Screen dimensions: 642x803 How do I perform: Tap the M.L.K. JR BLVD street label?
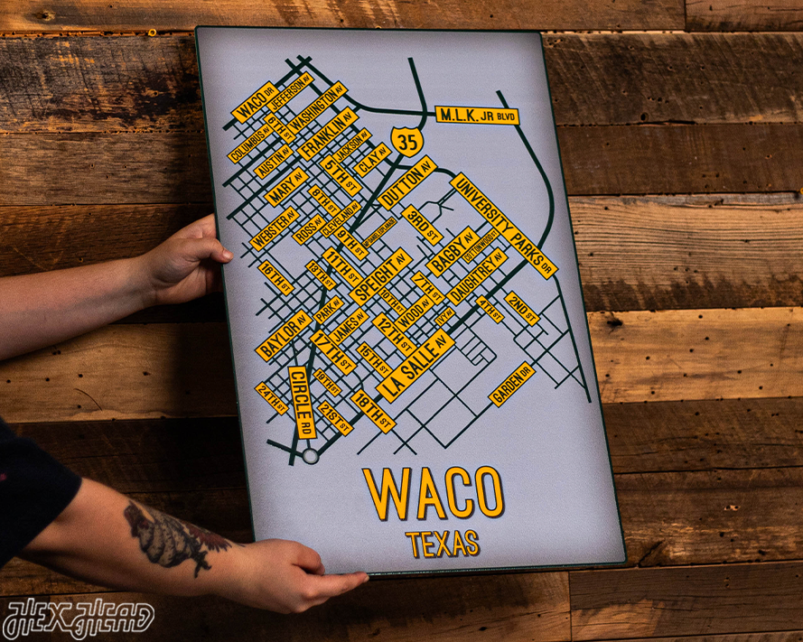tap(477, 116)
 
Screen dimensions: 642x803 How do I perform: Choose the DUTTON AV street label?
tap(406, 183)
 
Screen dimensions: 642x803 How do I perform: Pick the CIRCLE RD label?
tap(302, 403)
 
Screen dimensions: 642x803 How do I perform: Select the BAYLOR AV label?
tap(283, 335)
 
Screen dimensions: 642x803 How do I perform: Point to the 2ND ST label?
tap(521, 307)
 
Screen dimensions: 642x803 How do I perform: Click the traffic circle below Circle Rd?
tap(311, 457)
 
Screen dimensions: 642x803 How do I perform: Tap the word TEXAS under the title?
tap(443, 544)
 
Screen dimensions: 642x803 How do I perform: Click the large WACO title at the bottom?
tap(434, 495)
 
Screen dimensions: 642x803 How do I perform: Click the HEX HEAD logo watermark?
tap(79, 618)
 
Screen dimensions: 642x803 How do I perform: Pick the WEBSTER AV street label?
tap(275, 230)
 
